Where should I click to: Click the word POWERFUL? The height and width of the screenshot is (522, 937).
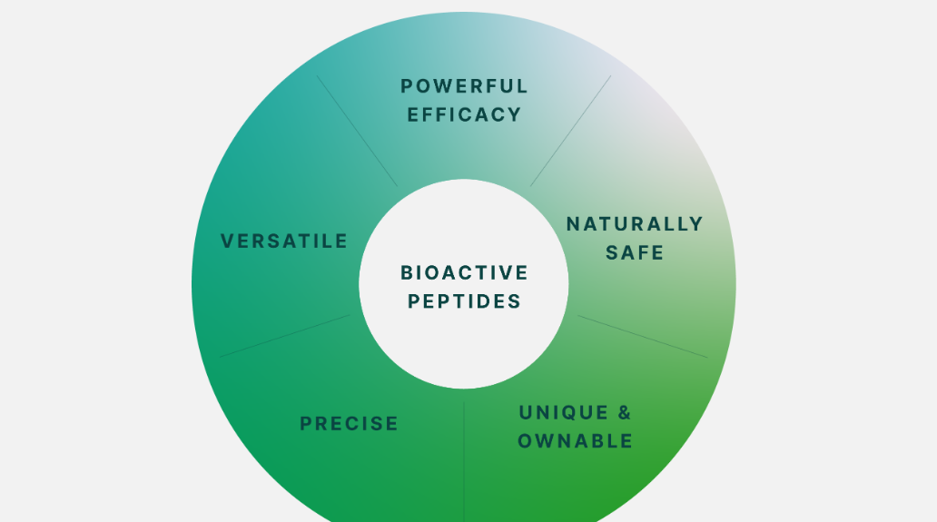pyautogui.click(x=464, y=86)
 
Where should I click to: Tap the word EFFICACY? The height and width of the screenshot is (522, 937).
pyautogui.click(x=464, y=114)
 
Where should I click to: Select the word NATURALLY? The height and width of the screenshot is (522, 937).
pyautogui.click(x=635, y=224)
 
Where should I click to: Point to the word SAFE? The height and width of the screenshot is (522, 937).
pyautogui.click(x=635, y=252)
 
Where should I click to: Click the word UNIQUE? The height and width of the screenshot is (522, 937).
pyautogui.click(x=555, y=413)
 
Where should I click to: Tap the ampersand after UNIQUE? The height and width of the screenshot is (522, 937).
pyautogui.click(x=624, y=413)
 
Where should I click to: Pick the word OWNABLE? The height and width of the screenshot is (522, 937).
pyautogui.click(x=575, y=441)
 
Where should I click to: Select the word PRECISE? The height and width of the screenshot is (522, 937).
pyautogui.click(x=349, y=424)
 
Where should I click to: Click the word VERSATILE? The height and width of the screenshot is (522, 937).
pyautogui.click(x=284, y=241)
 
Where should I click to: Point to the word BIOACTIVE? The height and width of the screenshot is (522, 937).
pyautogui.click(x=464, y=273)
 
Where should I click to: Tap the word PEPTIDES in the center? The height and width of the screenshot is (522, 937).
pyautogui.click(x=464, y=301)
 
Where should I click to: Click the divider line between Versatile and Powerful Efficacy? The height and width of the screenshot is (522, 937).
pyautogui.click(x=357, y=131)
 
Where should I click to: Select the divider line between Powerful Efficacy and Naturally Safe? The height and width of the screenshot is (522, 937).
pyautogui.click(x=571, y=131)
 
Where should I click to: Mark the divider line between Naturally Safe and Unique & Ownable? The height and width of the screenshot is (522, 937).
pyautogui.click(x=643, y=337)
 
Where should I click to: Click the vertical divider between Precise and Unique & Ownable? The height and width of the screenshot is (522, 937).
pyautogui.click(x=464, y=462)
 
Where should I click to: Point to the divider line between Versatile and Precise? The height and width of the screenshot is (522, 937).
pyautogui.click(x=285, y=336)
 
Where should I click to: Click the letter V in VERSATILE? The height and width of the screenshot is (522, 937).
pyautogui.click(x=228, y=241)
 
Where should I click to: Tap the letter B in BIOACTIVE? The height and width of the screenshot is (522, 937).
pyautogui.click(x=407, y=273)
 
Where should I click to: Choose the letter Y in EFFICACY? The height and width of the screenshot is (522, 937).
pyautogui.click(x=515, y=114)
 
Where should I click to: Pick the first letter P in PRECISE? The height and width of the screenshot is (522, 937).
pyautogui.click(x=306, y=424)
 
